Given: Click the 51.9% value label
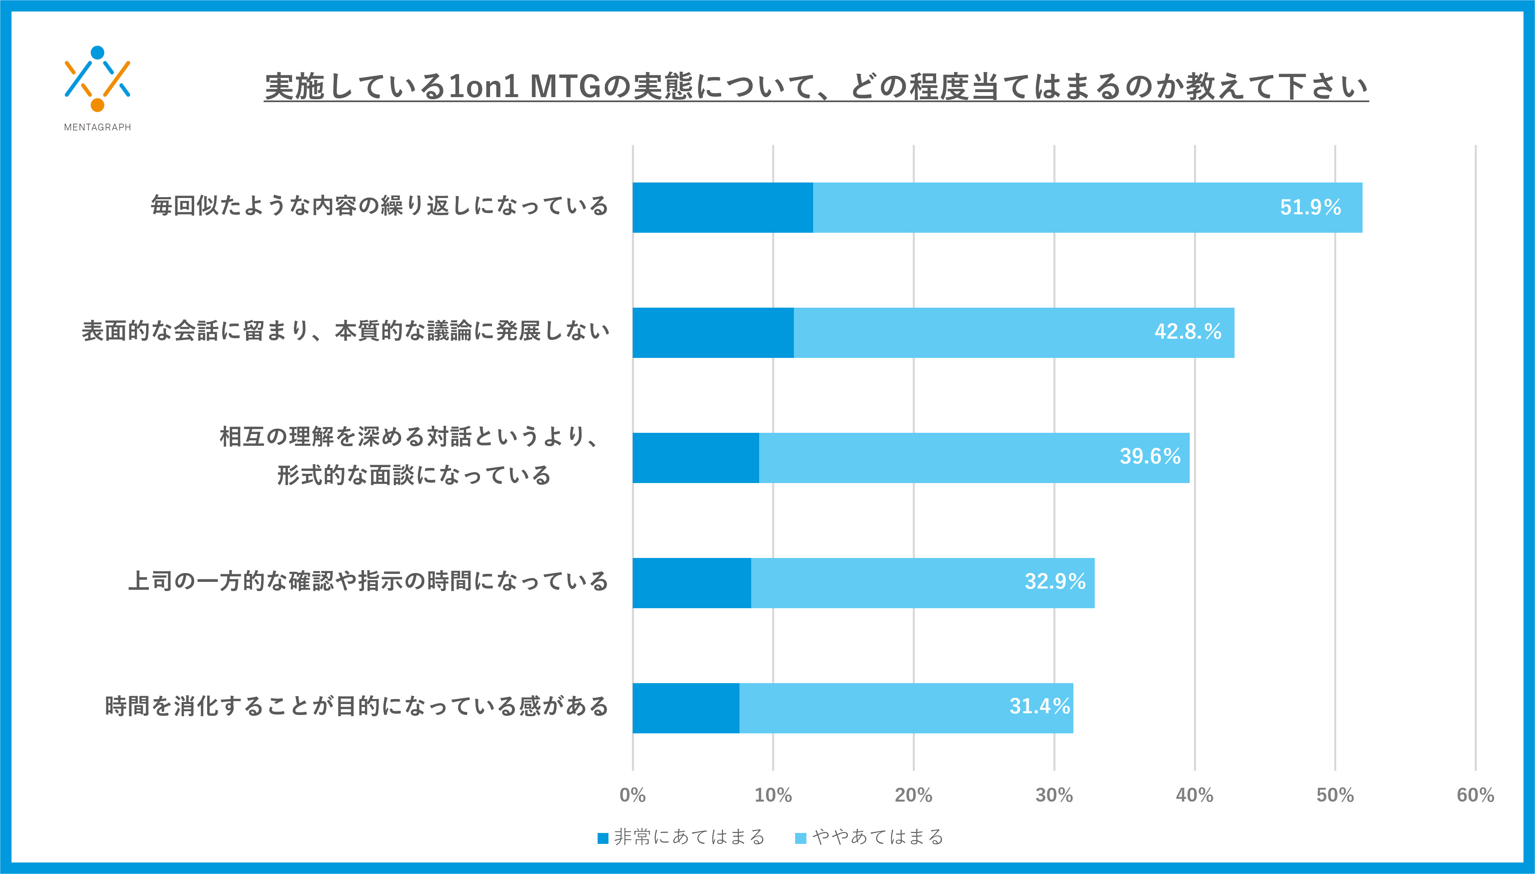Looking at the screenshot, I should [x=1310, y=207].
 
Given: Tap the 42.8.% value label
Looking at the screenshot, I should [x=1188, y=332].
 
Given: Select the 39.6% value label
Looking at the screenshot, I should [x=1150, y=456].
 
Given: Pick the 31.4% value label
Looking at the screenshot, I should [x=1040, y=706].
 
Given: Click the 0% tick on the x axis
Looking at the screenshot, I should [x=632, y=795].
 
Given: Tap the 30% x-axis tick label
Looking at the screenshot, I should [x=1054, y=795].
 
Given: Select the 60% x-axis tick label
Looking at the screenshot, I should [x=1476, y=795].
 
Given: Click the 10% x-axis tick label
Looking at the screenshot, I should [x=773, y=795].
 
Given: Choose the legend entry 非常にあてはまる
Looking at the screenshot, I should [x=682, y=837].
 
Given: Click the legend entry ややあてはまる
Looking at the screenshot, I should [x=870, y=837].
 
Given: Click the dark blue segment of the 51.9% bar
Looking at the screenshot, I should [x=722, y=208].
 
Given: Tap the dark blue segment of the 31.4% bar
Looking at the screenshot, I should [x=686, y=708].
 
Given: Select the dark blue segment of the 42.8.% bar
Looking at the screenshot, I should [x=713, y=332].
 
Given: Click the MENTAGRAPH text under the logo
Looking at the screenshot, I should [x=97, y=127].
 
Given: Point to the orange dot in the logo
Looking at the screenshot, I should [x=97, y=105].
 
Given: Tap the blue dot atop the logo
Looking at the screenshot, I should [x=97, y=53].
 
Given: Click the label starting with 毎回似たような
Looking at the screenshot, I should [x=379, y=206].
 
